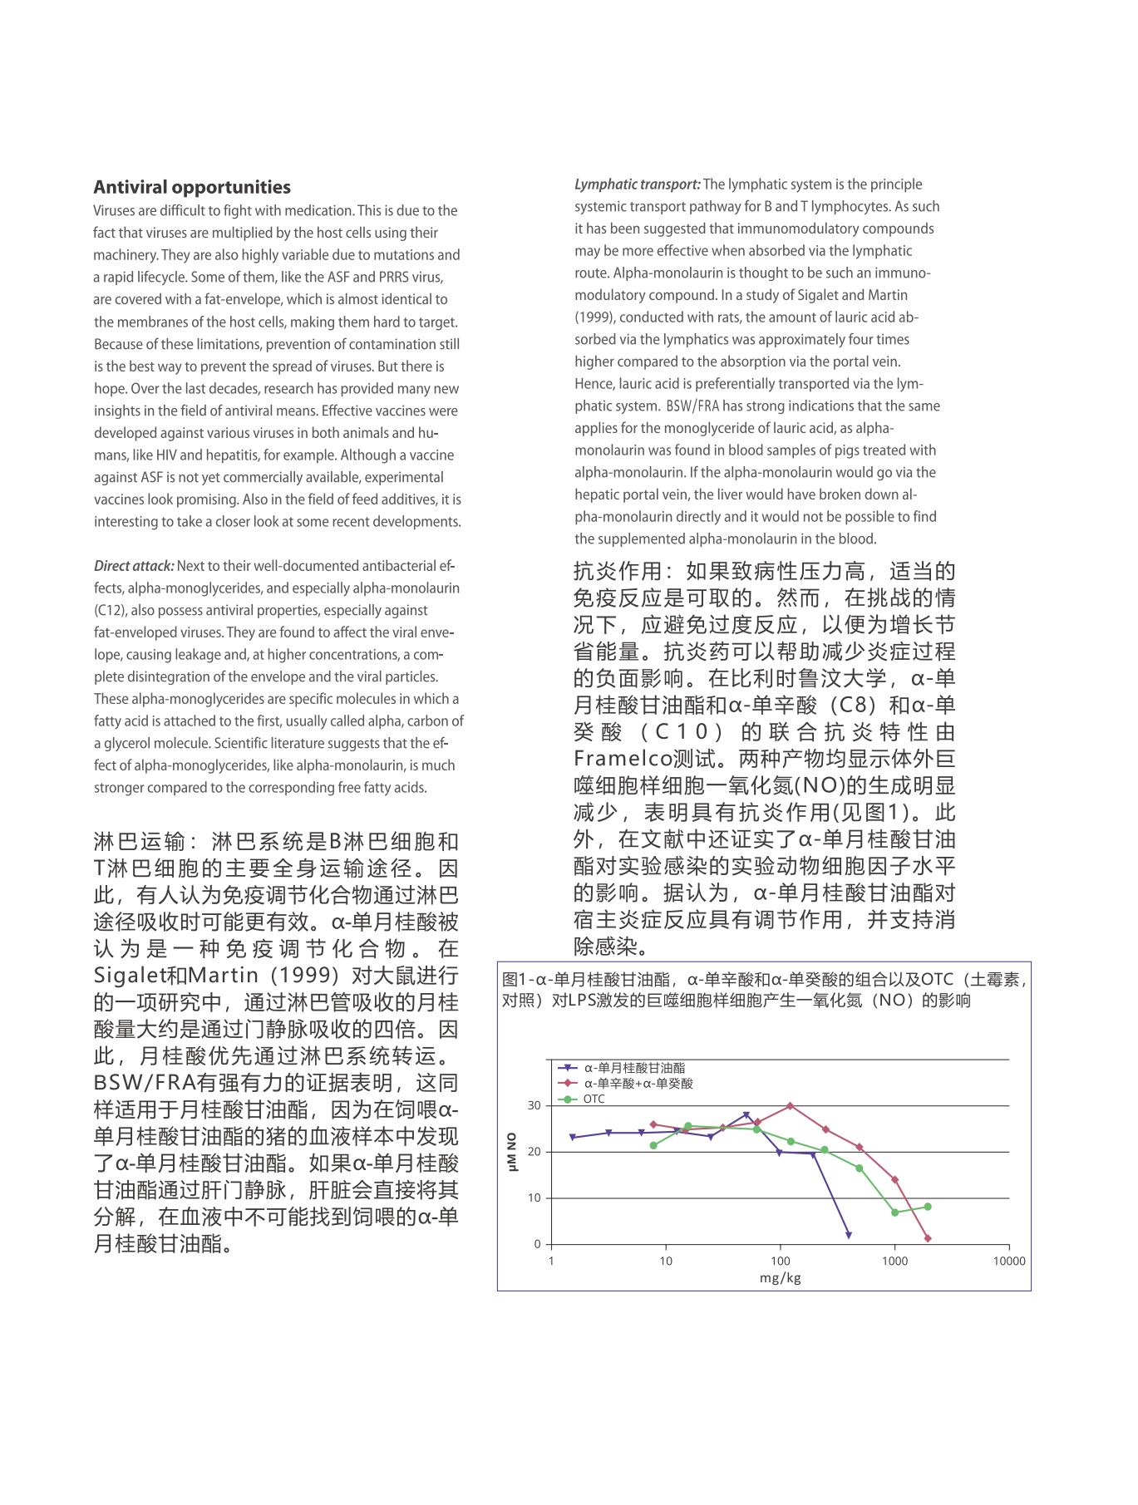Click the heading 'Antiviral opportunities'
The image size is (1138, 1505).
tap(192, 187)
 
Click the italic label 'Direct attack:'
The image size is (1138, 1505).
tap(134, 566)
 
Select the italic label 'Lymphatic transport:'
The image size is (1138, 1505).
tap(638, 184)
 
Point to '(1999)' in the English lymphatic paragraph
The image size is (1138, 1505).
tap(595, 317)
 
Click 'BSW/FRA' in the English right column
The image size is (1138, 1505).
tap(692, 406)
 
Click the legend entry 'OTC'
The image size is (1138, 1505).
tap(594, 1099)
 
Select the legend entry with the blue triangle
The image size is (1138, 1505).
tap(634, 1068)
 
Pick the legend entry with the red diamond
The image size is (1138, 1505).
tap(638, 1084)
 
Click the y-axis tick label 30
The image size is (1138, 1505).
tap(534, 1105)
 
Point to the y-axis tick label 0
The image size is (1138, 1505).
tap(537, 1244)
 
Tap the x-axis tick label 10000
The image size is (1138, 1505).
tap(1009, 1261)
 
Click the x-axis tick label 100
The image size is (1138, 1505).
tap(780, 1261)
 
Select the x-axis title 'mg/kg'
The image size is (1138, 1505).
tap(780, 1277)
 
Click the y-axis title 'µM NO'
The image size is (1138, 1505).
tap(512, 1152)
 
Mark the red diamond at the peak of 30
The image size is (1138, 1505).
tap(790, 1106)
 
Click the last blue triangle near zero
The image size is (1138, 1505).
tap(848, 1236)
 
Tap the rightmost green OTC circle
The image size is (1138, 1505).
tap(928, 1207)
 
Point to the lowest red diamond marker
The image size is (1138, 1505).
tap(928, 1239)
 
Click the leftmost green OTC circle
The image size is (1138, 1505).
tap(653, 1145)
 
